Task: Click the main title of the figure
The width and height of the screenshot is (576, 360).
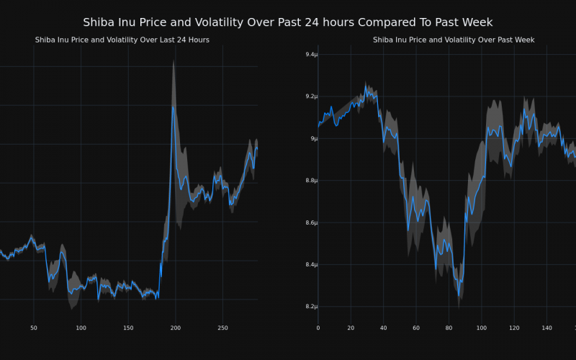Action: (x=288, y=22)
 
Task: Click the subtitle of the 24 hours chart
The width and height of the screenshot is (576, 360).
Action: (x=122, y=40)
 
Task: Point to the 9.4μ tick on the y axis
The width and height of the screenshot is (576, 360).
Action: (x=310, y=55)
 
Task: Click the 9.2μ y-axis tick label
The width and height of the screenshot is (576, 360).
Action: (x=310, y=96)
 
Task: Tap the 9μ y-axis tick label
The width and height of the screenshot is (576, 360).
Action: (x=313, y=138)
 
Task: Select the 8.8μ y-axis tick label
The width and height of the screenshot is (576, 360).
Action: (x=310, y=181)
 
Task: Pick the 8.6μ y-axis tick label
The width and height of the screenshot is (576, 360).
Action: (x=310, y=222)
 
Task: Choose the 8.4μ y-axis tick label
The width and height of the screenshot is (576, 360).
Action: (x=310, y=265)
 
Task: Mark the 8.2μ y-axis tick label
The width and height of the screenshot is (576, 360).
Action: (x=310, y=307)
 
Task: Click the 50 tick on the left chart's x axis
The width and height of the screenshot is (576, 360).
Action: (x=34, y=328)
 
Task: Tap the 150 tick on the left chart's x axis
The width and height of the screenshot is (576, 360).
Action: (x=128, y=328)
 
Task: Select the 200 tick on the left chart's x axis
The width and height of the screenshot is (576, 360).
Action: (x=175, y=328)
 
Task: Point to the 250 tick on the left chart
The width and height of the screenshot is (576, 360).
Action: (x=222, y=328)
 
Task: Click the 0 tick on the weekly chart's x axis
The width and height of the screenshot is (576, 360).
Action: (x=318, y=328)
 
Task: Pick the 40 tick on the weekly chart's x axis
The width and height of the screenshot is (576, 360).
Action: (x=383, y=328)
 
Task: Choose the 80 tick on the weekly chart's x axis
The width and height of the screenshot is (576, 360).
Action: (x=449, y=328)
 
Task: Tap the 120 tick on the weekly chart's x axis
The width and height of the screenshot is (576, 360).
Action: (x=514, y=328)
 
